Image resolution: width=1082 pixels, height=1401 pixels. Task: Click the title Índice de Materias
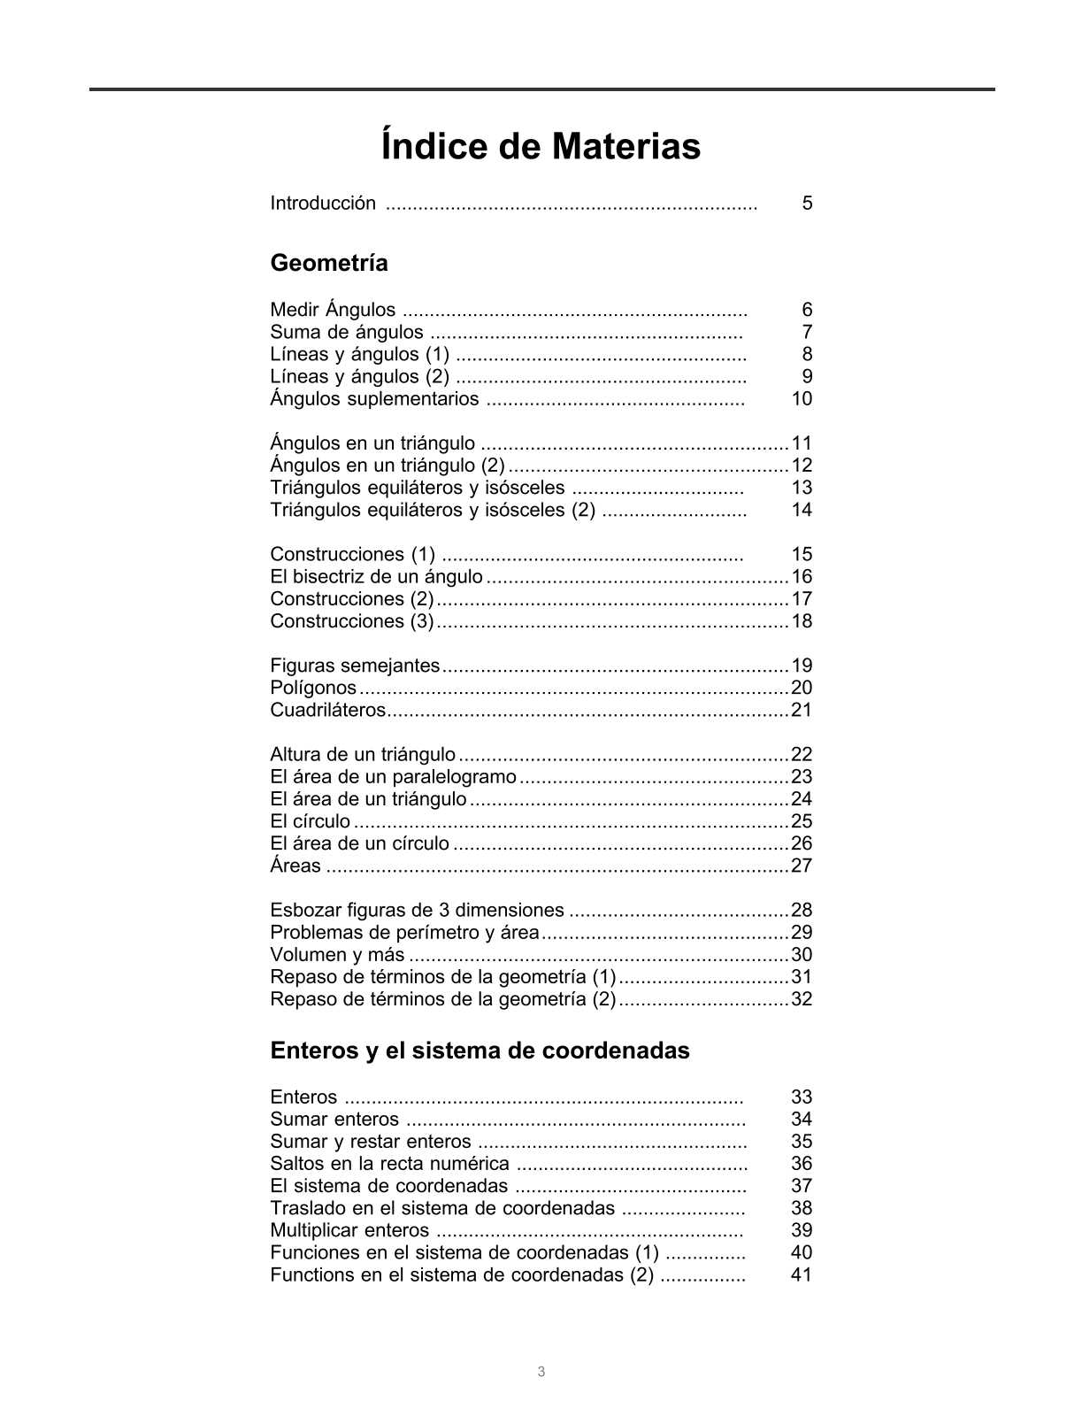pos(541,146)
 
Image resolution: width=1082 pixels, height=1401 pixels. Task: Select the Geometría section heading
pos(328,263)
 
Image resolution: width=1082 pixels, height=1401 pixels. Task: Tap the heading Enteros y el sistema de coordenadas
pos(480,1051)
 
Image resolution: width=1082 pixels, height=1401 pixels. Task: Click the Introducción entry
pos(323,204)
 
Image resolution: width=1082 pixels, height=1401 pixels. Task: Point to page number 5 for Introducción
pos(807,204)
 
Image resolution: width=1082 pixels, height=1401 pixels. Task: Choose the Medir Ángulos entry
pos(333,310)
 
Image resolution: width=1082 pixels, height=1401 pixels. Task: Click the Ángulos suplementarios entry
pos(374,399)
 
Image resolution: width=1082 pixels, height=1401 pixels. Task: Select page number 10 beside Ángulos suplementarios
pos(802,399)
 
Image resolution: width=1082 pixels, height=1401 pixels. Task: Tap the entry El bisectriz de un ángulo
pos(376,577)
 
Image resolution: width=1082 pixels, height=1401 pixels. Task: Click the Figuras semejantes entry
pos(355,666)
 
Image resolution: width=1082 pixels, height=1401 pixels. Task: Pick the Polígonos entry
pos(313,688)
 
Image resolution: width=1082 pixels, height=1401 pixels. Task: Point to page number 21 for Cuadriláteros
pos(802,710)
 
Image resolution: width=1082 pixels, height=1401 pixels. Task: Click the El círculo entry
pos(310,821)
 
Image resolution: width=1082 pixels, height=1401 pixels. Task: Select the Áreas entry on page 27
pos(295,866)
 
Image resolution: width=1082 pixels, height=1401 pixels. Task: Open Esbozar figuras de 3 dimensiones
pos(417,910)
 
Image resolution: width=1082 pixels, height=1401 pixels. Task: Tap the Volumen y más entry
pos(337,955)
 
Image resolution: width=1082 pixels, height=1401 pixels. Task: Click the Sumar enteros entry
pos(334,1120)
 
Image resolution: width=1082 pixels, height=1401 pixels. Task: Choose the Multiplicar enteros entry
pos(349,1231)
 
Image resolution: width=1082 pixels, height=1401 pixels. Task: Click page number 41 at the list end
pos(802,1275)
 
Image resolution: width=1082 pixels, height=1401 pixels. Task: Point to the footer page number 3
pos(541,1373)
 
